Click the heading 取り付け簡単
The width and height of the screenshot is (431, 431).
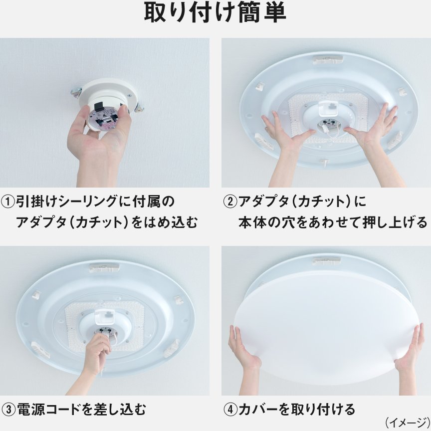pos(215,14)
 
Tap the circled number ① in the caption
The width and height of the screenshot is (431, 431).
pos(8,202)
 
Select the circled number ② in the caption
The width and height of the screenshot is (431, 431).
pos(230,202)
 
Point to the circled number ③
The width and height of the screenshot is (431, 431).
pos(8,410)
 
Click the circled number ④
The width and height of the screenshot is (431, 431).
pos(230,410)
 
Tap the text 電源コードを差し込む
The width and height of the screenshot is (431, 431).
pos(80,410)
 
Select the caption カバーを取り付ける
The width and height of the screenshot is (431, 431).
pos(296,410)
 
